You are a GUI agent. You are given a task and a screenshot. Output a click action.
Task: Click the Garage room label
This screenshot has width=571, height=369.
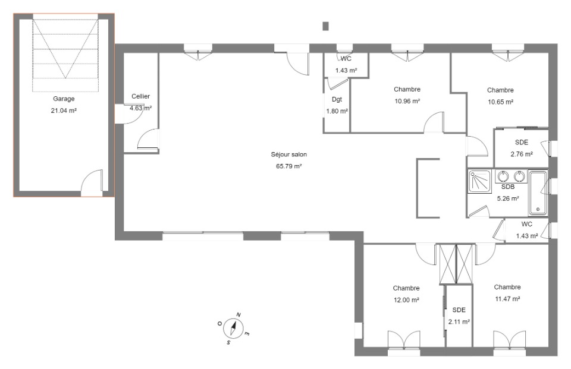click(x=64, y=99)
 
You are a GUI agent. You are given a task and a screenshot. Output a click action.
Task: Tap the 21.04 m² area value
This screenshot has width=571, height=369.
click(x=64, y=111)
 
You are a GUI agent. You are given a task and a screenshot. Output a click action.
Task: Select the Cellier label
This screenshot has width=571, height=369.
click(x=140, y=96)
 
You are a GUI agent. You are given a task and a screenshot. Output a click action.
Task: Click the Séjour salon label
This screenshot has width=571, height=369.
click(x=289, y=154)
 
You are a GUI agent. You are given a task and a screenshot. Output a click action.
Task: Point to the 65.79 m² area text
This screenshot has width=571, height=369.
click(x=289, y=166)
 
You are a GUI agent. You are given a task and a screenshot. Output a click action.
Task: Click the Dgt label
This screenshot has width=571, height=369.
click(x=337, y=99)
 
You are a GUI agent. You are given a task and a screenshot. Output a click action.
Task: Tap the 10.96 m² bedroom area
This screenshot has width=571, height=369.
click(x=407, y=101)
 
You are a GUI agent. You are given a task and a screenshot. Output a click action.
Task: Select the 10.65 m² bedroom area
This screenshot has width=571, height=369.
click(x=501, y=102)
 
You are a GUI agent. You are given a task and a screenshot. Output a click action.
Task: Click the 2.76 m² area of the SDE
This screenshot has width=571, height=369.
click(x=522, y=154)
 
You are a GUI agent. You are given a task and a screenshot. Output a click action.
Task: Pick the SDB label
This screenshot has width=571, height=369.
click(x=508, y=187)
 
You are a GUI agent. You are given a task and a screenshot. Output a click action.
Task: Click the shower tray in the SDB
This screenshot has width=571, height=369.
click(x=479, y=181)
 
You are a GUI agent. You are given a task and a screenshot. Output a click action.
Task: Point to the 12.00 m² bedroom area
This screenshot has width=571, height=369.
click(x=406, y=300)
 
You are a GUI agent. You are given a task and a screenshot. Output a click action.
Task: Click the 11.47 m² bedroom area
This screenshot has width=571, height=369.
click(x=507, y=299)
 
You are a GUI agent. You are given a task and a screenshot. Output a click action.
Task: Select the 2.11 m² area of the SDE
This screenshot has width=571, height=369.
click(x=459, y=321)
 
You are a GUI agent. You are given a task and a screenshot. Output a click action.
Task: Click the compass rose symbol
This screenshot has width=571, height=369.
click(x=233, y=327)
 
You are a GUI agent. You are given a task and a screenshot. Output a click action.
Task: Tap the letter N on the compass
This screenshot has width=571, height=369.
click(x=239, y=315)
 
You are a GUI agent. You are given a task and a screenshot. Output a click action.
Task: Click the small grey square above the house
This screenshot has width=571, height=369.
click(x=325, y=26)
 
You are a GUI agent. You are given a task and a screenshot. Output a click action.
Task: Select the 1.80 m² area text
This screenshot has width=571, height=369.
click(x=337, y=111)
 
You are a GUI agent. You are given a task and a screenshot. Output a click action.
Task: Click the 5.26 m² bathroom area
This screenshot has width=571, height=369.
click(x=508, y=198)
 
